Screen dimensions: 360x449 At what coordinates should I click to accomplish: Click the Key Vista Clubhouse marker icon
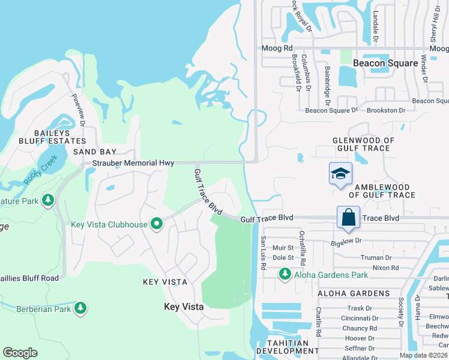tap(157, 224)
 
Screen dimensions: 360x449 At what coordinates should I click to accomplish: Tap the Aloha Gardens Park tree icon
tap(284, 274)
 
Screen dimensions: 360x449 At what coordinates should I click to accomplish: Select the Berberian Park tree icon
tap(80, 308)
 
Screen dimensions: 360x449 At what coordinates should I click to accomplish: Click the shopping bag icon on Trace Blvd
tap(348, 217)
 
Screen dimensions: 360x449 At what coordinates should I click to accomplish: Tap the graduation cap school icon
tap(340, 174)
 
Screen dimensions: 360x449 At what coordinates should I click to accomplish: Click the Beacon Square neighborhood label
tap(385, 63)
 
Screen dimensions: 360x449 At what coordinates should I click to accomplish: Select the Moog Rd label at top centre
tap(276, 48)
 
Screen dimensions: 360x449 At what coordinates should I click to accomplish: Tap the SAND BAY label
tap(94, 152)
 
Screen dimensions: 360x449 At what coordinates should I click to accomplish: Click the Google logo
tap(20, 353)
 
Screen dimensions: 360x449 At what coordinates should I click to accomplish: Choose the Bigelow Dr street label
tap(347, 241)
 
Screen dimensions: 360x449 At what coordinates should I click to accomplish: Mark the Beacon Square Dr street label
tap(331, 110)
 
